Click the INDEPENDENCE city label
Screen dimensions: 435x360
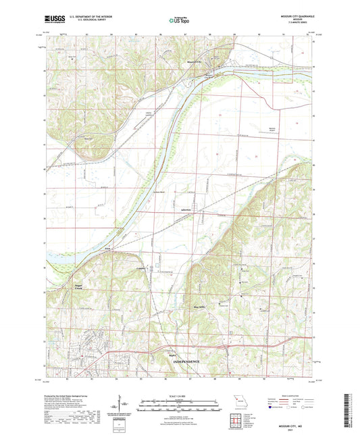(182, 362)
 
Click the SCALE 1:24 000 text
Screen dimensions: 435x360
(180, 396)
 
